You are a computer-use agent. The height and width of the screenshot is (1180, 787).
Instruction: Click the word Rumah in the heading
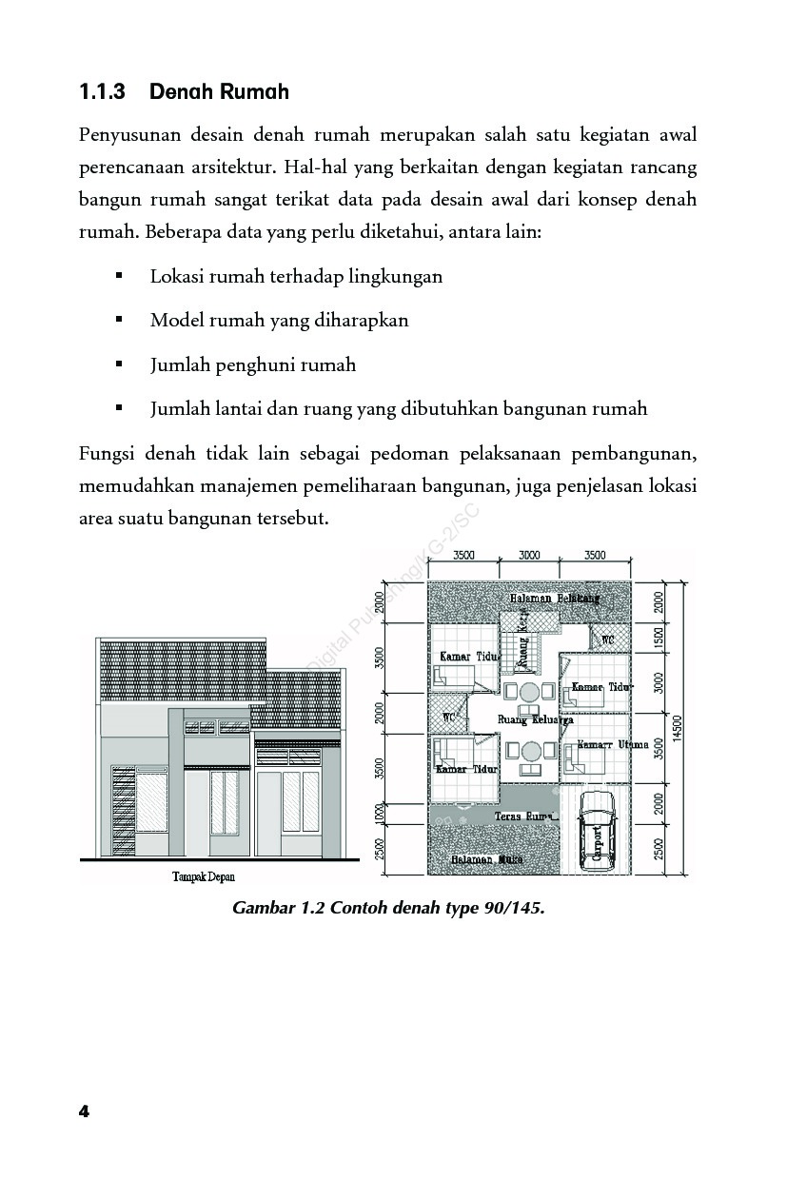click(254, 92)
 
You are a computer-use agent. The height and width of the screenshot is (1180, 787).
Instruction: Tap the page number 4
click(84, 1111)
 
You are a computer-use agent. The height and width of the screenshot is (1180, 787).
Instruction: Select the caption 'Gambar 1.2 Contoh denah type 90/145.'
click(388, 907)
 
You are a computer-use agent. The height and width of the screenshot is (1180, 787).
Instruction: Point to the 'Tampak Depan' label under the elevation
click(203, 876)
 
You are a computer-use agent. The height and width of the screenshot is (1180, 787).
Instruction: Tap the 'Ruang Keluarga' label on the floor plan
click(535, 720)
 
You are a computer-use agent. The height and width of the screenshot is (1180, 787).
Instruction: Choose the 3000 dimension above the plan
click(529, 555)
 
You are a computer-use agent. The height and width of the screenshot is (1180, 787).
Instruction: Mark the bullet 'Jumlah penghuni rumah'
click(252, 364)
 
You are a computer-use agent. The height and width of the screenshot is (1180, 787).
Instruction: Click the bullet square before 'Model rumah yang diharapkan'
click(119, 320)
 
